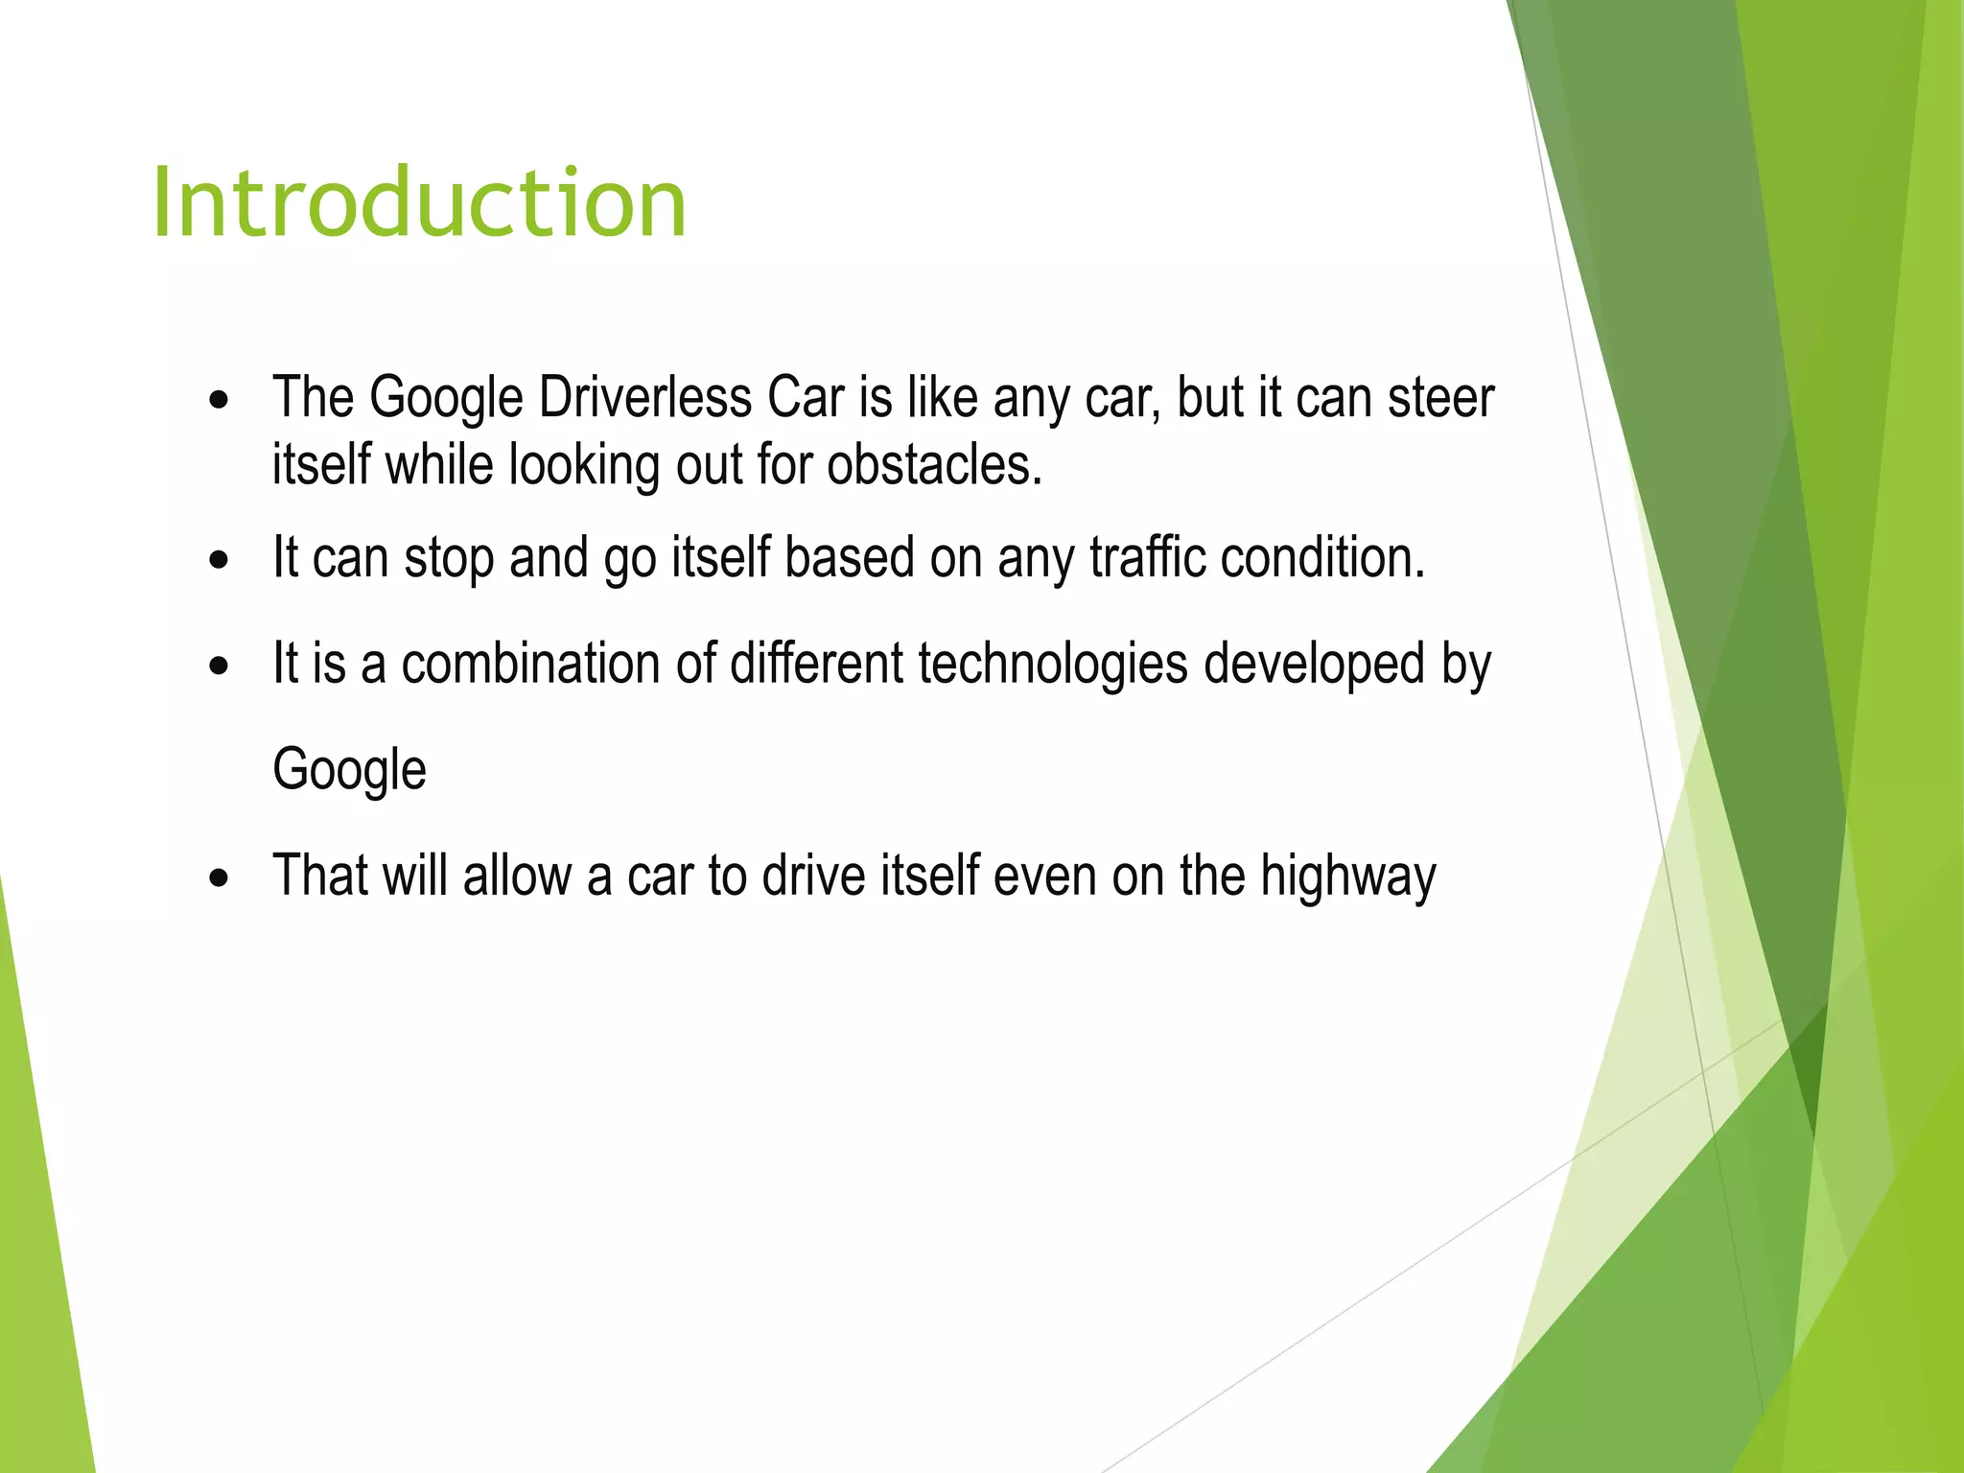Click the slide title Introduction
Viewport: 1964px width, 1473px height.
pyautogui.click(x=419, y=203)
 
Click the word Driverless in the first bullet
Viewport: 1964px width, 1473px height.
pyautogui.click(x=644, y=397)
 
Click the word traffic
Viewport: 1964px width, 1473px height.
pyautogui.click(x=1147, y=557)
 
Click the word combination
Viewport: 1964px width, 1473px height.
pyautogui.click(x=529, y=664)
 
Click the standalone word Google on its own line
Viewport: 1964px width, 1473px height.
pyautogui.click(x=349, y=770)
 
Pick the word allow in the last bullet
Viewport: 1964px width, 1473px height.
pyautogui.click(x=517, y=877)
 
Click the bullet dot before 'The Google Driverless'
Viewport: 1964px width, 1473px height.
pyautogui.click(x=220, y=401)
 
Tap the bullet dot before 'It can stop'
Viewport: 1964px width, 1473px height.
pyautogui.click(x=220, y=561)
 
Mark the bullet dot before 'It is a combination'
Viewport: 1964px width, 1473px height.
pyautogui.click(x=220, y=666)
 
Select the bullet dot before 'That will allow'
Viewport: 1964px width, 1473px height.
pyautogui.click(x=220, y=879)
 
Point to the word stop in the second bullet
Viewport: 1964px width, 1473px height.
pyautogui.click(x=449, y=559)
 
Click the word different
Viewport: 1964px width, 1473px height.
pyautogui.click(x=816, y=664)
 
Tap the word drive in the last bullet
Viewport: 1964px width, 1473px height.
pyautogui.click(x=813, y=877)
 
